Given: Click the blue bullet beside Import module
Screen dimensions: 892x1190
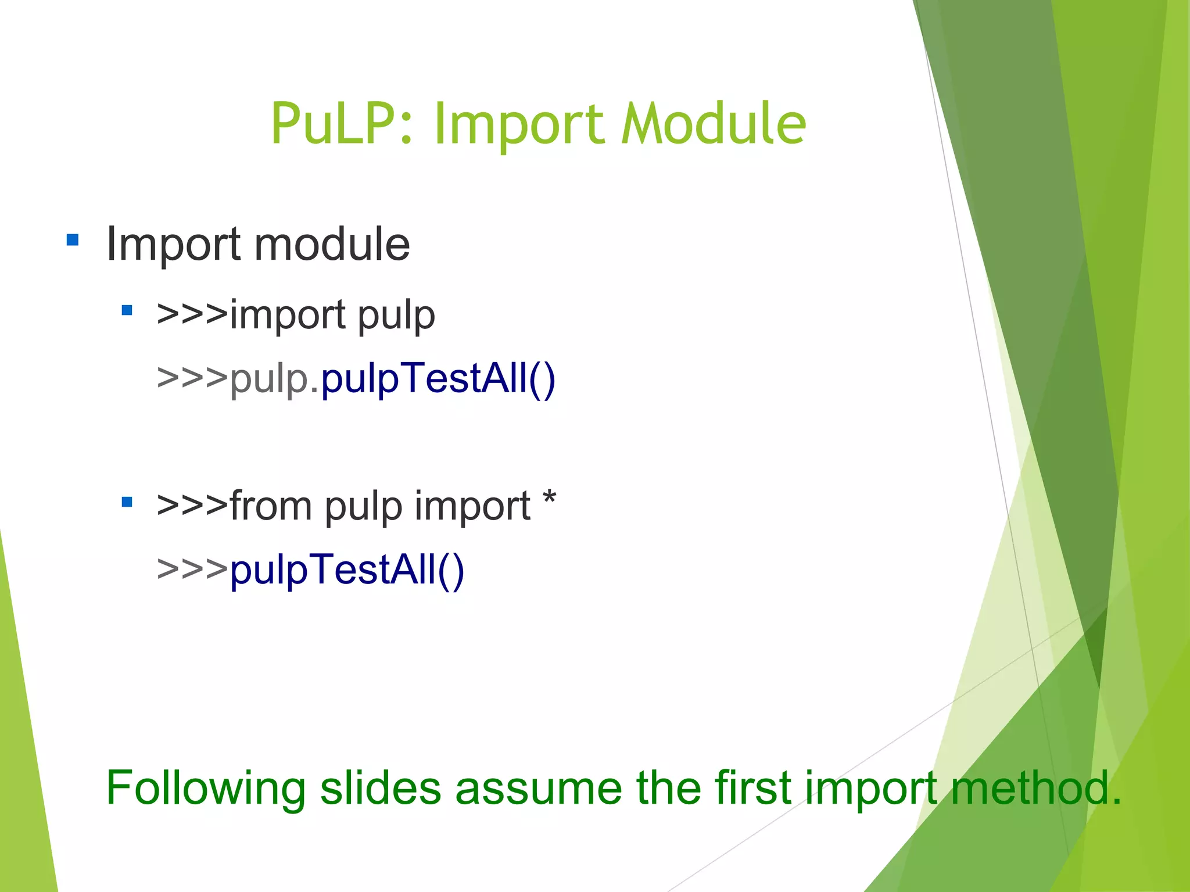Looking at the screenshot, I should (73, 239).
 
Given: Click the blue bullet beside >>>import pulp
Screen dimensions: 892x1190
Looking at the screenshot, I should (127, 310).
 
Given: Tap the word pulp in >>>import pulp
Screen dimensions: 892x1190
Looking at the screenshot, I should (396, 316).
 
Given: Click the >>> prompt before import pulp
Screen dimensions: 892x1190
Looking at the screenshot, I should (192, 316).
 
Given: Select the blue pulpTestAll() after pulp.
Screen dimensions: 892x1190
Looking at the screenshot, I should (438, 379).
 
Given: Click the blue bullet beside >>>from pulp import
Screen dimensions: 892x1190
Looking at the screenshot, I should (127, 501).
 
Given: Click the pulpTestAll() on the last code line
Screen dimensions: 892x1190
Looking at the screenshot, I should (347, 570).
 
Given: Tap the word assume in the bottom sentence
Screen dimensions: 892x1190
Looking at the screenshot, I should (538, 789).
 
